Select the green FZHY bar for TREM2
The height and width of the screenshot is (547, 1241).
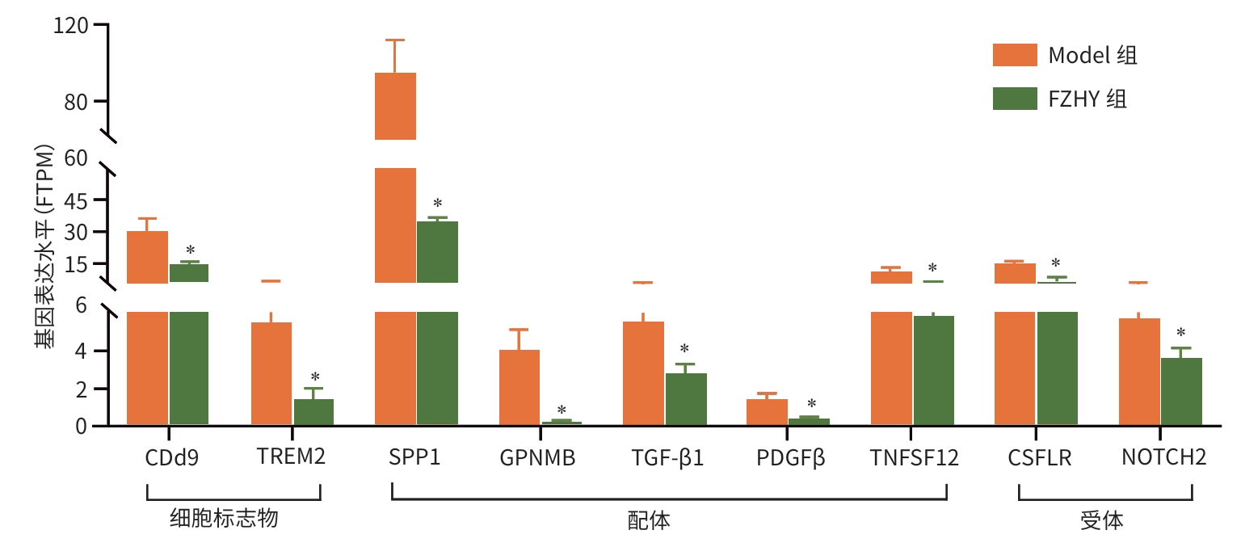point(313,412)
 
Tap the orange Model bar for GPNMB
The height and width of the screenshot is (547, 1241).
point(520,387)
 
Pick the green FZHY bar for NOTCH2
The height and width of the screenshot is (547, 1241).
point(1181,392)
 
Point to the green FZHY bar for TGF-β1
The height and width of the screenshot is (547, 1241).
point(686,399)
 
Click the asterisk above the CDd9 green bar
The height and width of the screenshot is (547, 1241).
point(191,250)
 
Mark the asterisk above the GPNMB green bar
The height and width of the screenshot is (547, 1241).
point(562,410)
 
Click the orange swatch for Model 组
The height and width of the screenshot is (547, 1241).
point(1014,55)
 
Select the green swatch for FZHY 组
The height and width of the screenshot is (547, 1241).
point(1014,99)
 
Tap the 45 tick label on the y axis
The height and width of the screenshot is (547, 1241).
point(77,200)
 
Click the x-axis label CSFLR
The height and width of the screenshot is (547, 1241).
point(1039,458)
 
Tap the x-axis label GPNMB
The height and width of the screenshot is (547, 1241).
point(537,458)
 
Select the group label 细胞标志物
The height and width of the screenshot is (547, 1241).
point(224,519)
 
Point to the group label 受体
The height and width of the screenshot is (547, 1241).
point(1101,520)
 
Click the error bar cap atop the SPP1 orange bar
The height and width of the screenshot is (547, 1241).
point(395,40)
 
